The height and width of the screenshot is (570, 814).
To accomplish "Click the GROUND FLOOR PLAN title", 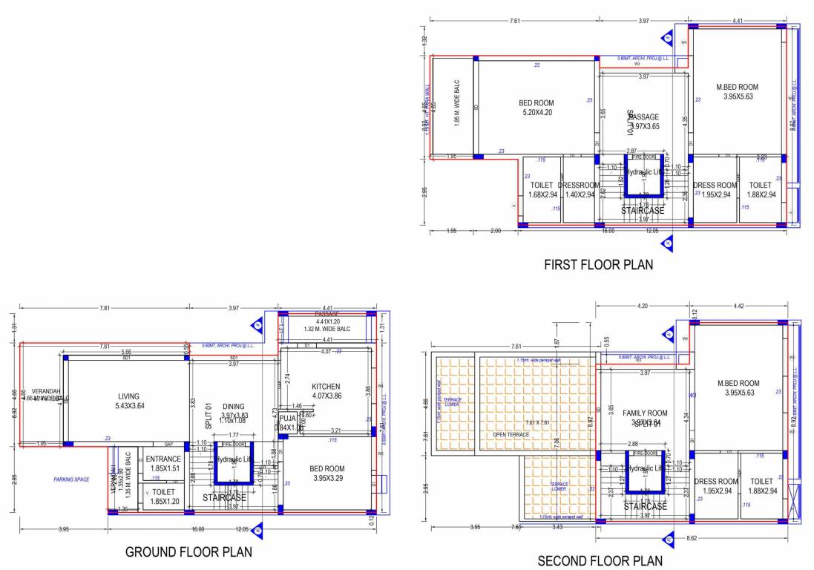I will point(188,551).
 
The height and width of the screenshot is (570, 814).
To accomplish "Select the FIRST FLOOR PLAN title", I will point(599,264).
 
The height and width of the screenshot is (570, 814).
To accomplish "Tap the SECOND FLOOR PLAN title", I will point(600,560).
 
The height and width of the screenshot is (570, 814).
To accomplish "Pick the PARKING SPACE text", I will point(71,479).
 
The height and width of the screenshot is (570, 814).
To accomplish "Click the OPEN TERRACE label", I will point(511,434).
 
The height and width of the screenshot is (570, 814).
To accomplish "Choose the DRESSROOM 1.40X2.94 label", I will point(578,190).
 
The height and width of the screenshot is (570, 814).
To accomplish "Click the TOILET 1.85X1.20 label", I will point(163,497).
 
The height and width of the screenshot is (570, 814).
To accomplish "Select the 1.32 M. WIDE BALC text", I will point(326,329).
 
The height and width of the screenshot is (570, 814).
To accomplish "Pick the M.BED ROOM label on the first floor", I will point(737,91).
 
